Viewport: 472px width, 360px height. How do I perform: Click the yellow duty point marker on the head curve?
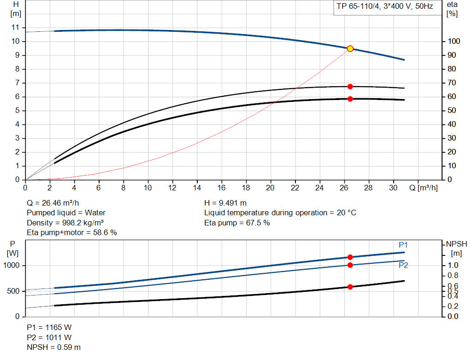tap(350, 48)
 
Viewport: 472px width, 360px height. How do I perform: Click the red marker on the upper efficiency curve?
tap(350, 87)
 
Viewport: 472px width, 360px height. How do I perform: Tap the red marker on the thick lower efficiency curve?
tap(350, 99)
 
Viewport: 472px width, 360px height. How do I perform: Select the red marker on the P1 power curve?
tap(350, 257)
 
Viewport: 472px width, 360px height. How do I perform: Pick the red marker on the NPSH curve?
tap(350, 287)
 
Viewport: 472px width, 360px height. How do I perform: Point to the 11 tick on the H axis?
tap(16, 28)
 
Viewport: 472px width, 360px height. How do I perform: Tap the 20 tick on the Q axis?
tap(271, 188)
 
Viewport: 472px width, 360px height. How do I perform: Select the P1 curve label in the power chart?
tap(403, 245)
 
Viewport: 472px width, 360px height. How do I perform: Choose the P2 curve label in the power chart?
tap(403, 265)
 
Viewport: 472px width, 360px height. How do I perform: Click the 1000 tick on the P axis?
tap(12, 266)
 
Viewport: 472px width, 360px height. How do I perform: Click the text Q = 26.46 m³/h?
tap(56, 203)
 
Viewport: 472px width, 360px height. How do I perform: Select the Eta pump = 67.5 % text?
tap(237, 223)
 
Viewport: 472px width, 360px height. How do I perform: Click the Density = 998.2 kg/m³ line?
tap(65, 223)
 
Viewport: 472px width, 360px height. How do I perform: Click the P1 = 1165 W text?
tap(49, 327)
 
